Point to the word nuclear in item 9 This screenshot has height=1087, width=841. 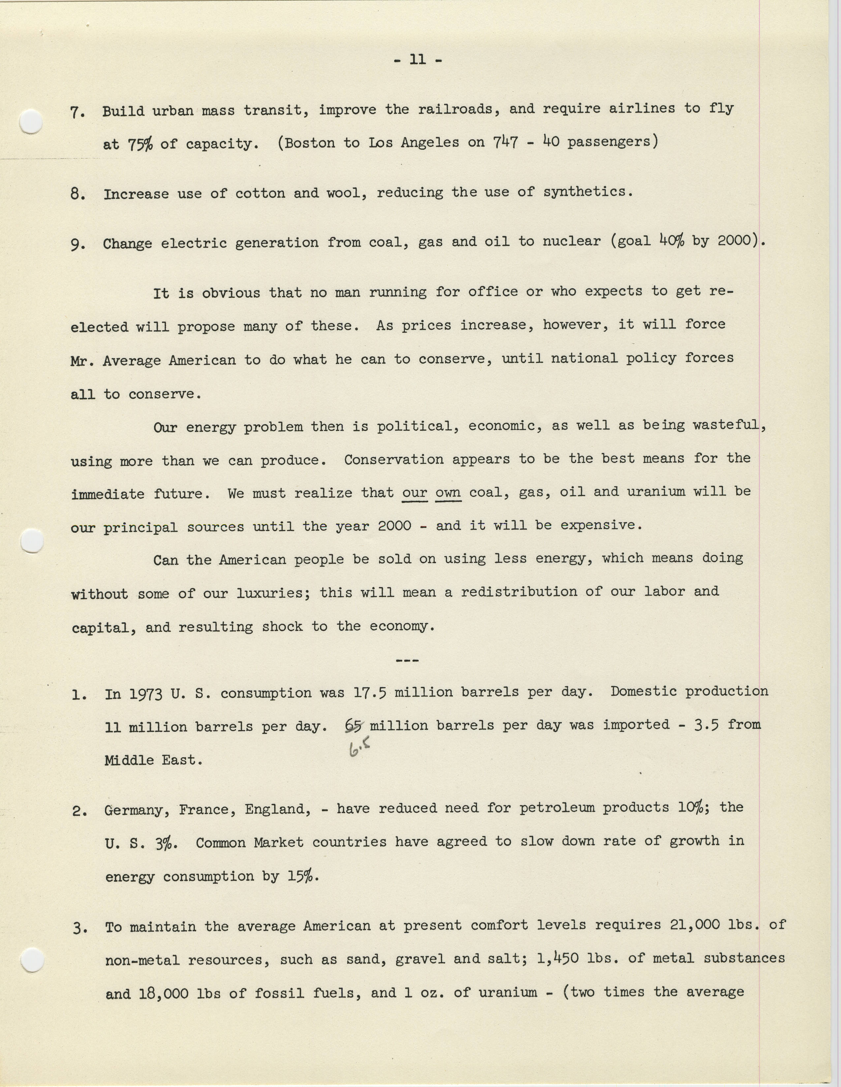[x=571, y=241]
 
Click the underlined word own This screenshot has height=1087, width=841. [x=448, y=493]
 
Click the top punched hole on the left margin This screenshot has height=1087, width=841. [x=31, y=121]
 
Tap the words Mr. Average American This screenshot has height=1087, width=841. [x=153, y=360]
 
